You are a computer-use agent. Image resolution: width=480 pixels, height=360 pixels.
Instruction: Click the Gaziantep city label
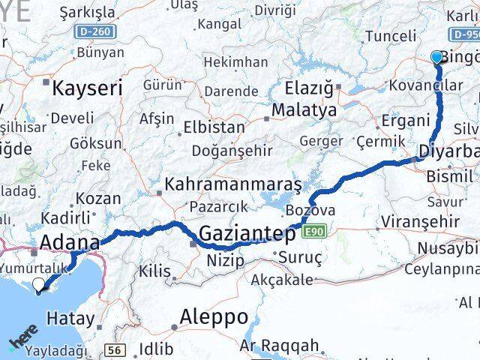(x=247, y=234)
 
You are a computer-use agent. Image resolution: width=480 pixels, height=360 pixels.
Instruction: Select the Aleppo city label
(x=215, y=316)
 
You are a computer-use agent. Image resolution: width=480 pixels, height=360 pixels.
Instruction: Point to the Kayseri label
(x=88, y=88)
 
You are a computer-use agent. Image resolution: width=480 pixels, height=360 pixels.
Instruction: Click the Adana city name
(x=69, y=242)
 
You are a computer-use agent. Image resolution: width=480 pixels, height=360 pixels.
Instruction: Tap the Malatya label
(x=304, y=110)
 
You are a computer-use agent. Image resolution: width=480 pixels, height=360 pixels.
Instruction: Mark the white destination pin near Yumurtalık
(x=39, y=285)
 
